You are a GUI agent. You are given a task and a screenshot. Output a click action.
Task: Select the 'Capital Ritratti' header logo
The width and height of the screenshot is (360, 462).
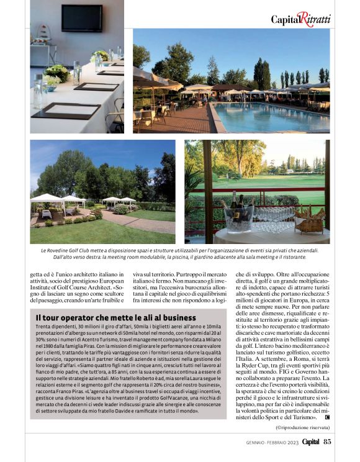(x=300, y=19)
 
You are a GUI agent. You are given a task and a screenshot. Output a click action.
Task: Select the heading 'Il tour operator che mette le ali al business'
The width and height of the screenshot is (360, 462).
(x=107, y=318)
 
